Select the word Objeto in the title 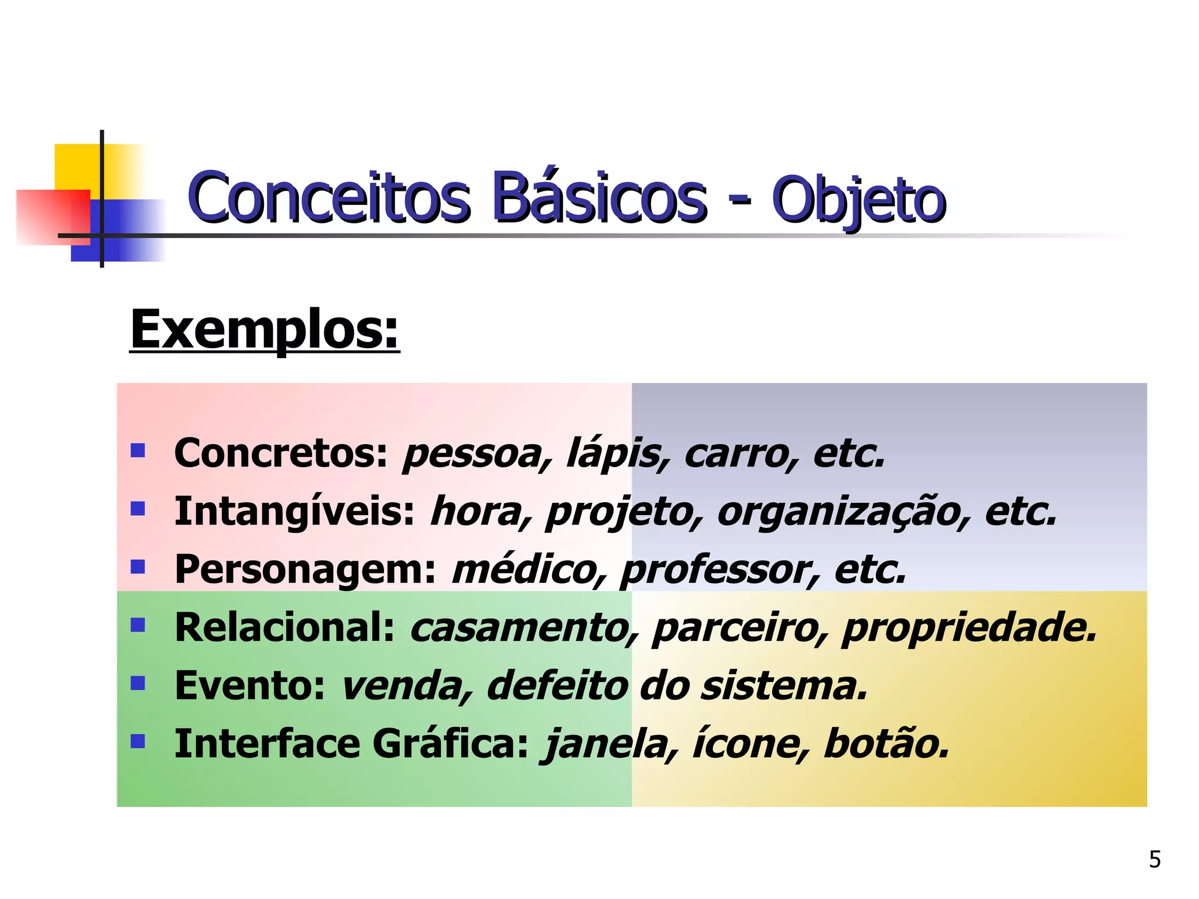[x=858, y=201]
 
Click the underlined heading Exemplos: [x=265, y=330]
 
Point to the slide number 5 [x=1155, y=859]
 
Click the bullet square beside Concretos [x=138, y=450]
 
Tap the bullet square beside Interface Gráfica [x=138, y=742]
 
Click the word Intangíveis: [x=294, y=511]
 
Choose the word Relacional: [x=285, y=627]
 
